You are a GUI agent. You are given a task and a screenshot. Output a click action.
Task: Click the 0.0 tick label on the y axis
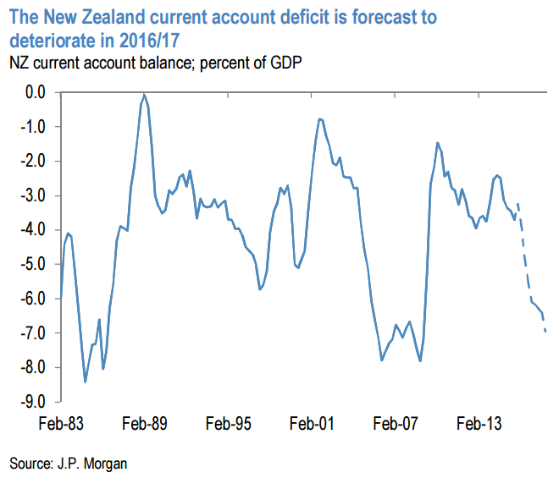tap(36, 92)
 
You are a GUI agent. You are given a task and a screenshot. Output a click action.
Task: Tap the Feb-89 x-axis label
tap(144, 424)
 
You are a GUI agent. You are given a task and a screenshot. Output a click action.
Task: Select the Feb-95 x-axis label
tap(229, 424)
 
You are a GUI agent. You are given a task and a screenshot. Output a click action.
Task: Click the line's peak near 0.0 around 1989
tap(145, 94)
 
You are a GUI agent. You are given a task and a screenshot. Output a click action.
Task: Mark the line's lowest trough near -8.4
tap(85, 382)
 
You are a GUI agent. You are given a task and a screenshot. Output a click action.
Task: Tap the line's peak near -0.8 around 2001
tap(319, 119)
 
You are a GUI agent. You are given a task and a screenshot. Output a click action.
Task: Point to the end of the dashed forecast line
tap(545, 331)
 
